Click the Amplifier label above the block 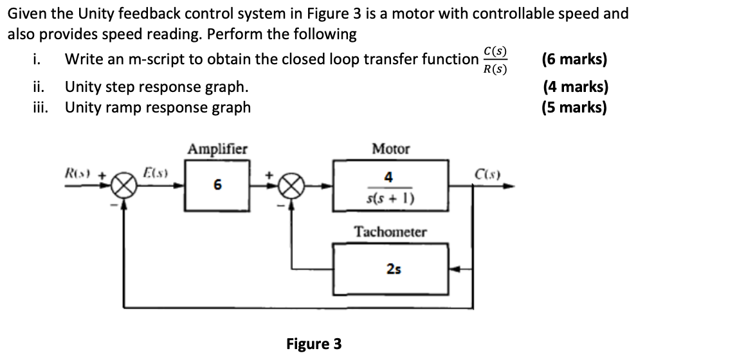[217, 149]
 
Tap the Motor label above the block [390, 149]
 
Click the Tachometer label [390, 231]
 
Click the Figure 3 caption [314, 344]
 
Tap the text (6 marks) [574, 59]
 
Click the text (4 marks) [574, 87]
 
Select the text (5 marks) [574, 107]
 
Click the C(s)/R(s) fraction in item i [495, 60]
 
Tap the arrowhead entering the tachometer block [453, 269]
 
